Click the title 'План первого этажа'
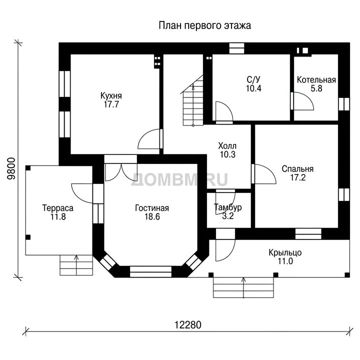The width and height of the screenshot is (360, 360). (205, 25)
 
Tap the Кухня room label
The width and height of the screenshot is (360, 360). (111, 95)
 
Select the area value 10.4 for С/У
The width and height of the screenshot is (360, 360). (253, 88)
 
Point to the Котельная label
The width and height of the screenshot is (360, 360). (316, 80)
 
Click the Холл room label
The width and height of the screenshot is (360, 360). (227, 146)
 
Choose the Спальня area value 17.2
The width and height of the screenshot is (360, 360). (298, 177)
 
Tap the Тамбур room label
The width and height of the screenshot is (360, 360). (228, 207)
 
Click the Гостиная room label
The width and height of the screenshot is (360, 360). (152, 208)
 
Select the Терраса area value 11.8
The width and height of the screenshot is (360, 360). (58, 216)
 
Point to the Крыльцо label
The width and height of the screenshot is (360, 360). (285, 252)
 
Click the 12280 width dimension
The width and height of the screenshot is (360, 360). (188, 325)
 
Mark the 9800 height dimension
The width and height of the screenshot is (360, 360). (11, 169)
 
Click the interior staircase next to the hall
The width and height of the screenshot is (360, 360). (193, 100)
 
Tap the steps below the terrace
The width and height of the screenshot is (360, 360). (76, 265)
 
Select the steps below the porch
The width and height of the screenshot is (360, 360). (243, 287)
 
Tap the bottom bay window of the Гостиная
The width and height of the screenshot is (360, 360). (150, 272)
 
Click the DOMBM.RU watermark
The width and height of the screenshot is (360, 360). (179, 179)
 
